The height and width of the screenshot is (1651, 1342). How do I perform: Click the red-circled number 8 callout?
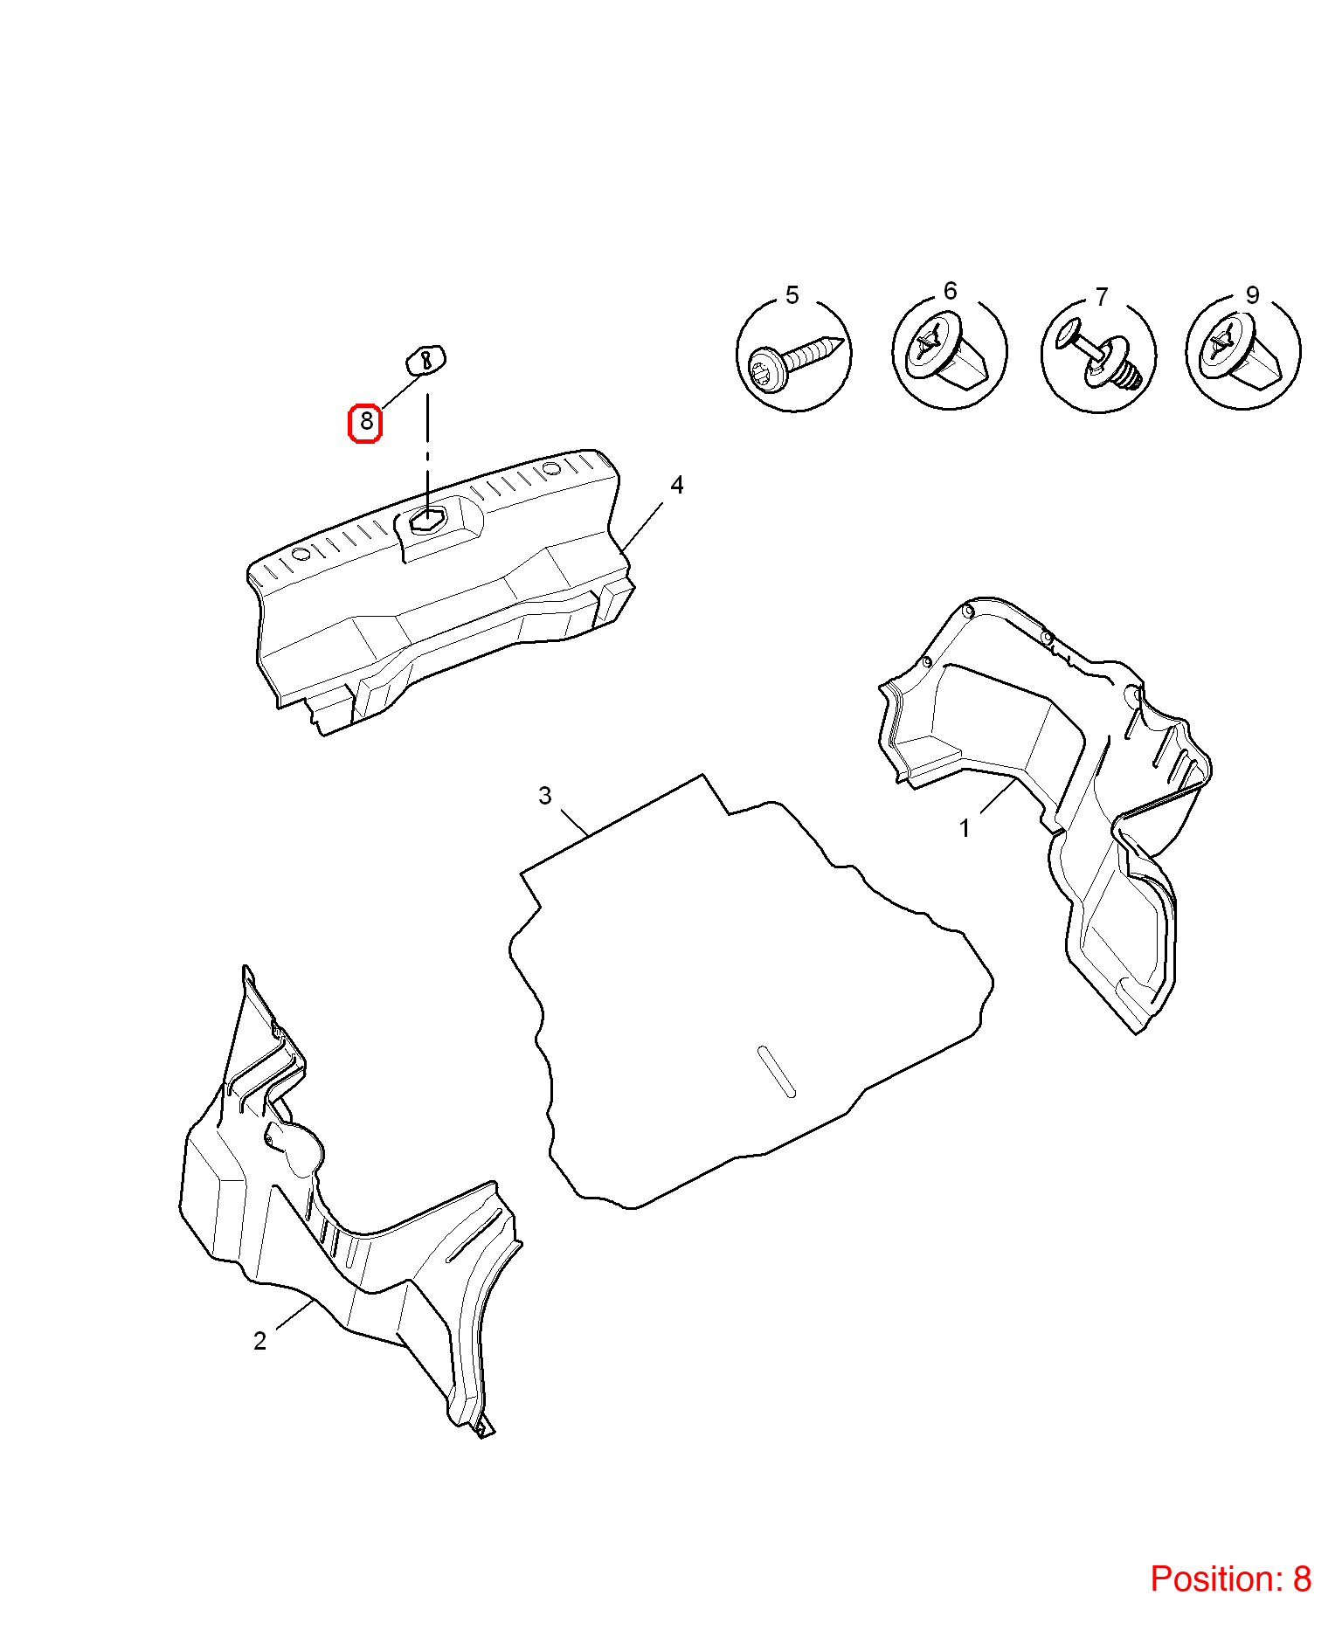[x=365, y=423]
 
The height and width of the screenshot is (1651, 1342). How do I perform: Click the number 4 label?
[x=676, y=485]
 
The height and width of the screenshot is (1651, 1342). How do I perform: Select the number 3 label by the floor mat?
[x=545, y=796]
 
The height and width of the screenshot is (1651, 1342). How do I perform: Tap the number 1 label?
[x=965, y=828]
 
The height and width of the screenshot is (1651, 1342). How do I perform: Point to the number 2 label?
[x=259, y=1341]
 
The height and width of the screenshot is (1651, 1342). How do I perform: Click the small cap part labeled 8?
[x=425, y=359]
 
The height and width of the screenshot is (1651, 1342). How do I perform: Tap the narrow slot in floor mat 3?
[x=777, y=1071]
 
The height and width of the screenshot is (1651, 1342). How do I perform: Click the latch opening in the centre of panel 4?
[x=427, y=519]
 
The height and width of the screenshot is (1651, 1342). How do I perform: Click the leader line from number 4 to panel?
[x=641, y=527]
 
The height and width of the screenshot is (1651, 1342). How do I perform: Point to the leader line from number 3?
[x=574, y=824]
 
